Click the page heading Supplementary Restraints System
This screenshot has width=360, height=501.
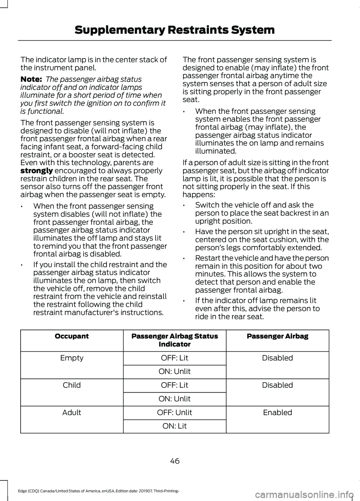pos(174,30)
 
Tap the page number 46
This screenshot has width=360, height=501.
pos(175,461)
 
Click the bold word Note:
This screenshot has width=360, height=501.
pos(31,79)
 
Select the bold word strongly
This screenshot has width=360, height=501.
pos(36,170)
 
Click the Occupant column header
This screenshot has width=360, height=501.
pos(72,336)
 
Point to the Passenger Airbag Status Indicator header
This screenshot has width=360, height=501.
pos(174,340)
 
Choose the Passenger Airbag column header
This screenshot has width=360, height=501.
pos(277,336)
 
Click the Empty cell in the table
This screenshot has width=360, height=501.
pos(72,358)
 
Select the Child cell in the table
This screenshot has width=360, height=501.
pos(72,385)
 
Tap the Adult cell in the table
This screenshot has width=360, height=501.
pos(72,412)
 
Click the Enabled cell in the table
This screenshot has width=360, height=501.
pos(277,412)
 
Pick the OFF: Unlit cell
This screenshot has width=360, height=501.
pos(174,412)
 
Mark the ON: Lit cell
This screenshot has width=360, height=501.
pos(174,426)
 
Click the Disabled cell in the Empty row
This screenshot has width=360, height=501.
pos(277,358)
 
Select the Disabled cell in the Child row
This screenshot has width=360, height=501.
pos(277,385)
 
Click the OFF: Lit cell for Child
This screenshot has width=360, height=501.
pos(174,385)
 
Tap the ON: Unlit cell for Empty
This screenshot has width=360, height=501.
pos(174,371)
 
